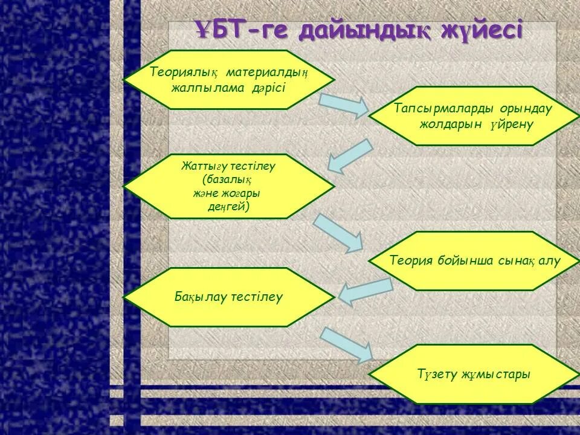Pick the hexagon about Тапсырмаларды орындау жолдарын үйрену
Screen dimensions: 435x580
[x=469, y=116]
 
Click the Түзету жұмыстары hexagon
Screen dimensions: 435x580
[x=469, y=374]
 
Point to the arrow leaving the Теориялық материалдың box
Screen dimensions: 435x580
[x=343, y=105]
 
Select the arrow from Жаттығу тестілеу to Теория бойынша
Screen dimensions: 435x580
[x=338, y=233]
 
